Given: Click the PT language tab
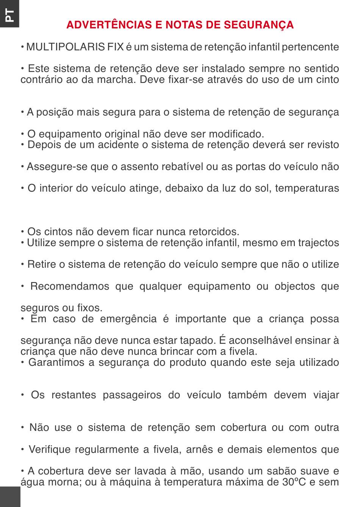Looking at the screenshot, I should tap(9, 14).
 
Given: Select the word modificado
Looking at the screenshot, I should tap(238, 134).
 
